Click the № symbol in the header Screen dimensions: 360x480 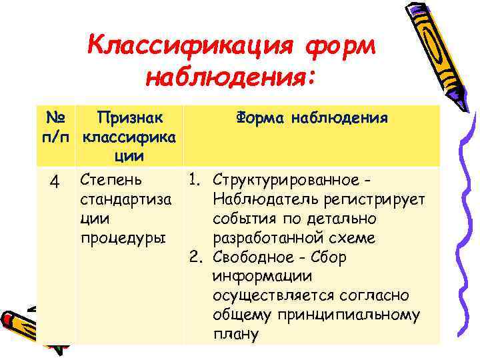[57, 118]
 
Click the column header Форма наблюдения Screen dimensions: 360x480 [311, 118]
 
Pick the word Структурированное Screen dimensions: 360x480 [285, 181]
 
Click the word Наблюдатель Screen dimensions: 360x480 [263, 199]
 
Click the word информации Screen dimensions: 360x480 [254, 276]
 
